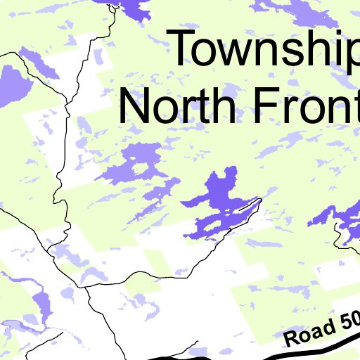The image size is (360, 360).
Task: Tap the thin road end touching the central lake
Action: click(259, 201)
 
